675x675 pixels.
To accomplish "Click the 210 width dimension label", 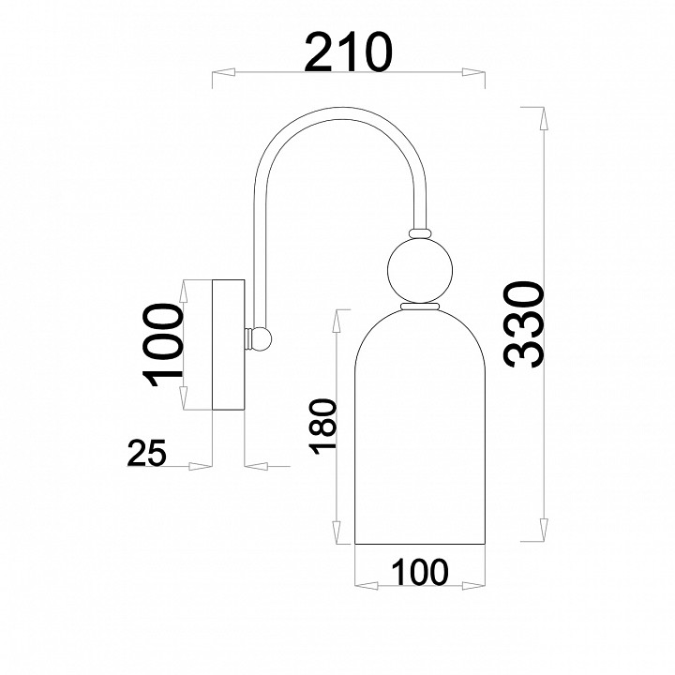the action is (x=348, y=52).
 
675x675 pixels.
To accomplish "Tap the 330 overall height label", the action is (x=524, y=325).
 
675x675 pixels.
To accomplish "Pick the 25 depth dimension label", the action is (x=147, y=453).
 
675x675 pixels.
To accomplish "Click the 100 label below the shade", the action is (x=420, y=572).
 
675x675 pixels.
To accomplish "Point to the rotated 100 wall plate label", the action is (x=163, y=345).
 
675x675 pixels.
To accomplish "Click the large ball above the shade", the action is (x=420, y=270).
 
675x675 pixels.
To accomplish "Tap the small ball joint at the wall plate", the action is (x=262, y=338).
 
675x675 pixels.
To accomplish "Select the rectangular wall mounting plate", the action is (x=229, y=345).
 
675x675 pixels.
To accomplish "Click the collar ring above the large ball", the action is (x=420, y=233).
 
